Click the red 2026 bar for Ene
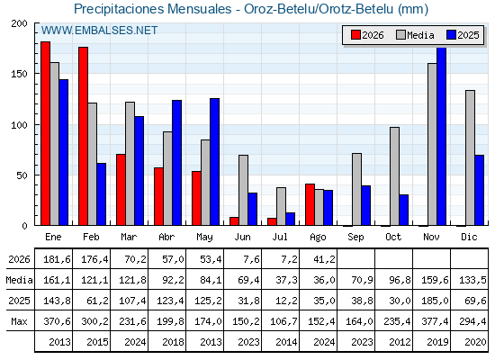click(x=45, y=133)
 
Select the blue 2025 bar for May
click(x=214, y=162)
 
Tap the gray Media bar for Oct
click(x=394, y=176)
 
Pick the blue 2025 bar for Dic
click(x=479, y=190)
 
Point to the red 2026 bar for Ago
click(x=310, y=205)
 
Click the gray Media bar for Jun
click(x=243, y=190)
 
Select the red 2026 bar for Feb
click(x=83, y=136)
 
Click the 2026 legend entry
click(x=367, y=35)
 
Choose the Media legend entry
click(x=415, y=35)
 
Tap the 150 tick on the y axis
click(x=19, y=74)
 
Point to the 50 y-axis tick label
click(x=22, y=175)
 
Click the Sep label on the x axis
click(x=355, y=238)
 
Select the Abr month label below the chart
click(x=166, y=238)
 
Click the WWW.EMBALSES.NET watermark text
click(x=99, y=31)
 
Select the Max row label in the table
click(x=19, y=321)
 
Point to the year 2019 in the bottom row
click(x=437, y=342)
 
